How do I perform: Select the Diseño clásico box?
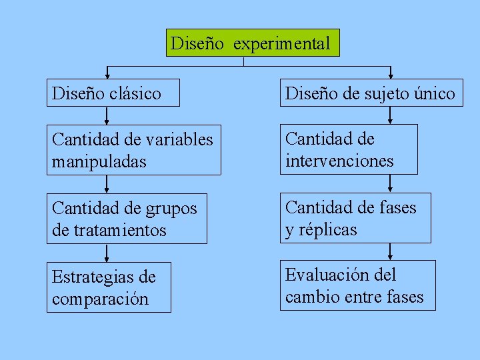click(113, 93)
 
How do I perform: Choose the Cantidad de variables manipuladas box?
click(133, 150)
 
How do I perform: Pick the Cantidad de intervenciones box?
click(349, 149)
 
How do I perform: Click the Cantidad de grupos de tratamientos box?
click(127, 219)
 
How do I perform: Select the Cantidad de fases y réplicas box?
click(355, 218)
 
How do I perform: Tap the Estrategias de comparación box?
click(109, 287)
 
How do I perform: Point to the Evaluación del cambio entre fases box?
click(357, 285)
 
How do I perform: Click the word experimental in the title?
click(281, 44)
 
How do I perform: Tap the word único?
click(434, 94)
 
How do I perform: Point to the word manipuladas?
click(99, 161)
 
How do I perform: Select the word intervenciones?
click(339, 161)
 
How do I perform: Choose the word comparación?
click(100, 299)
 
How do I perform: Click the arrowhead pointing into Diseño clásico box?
click(107, 75)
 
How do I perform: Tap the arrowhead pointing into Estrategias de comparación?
click(107, 259)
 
